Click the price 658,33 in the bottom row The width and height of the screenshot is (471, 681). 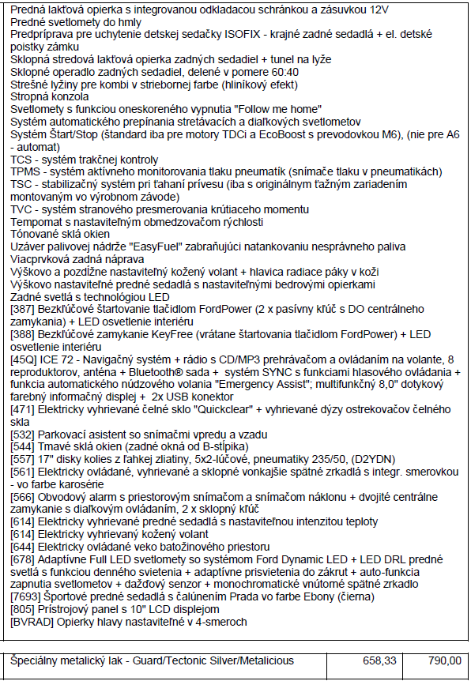point(379,660)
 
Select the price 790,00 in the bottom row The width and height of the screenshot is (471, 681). point(445,660)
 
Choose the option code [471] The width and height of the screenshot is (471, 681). point(23,409)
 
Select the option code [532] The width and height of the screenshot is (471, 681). point(23,435)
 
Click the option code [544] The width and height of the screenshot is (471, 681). point(23,446)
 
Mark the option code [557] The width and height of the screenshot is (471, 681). point(23,459)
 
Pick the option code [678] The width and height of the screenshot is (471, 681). point(23,559)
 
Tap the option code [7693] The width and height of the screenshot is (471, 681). point(26,596)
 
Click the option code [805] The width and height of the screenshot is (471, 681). point(23,609)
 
